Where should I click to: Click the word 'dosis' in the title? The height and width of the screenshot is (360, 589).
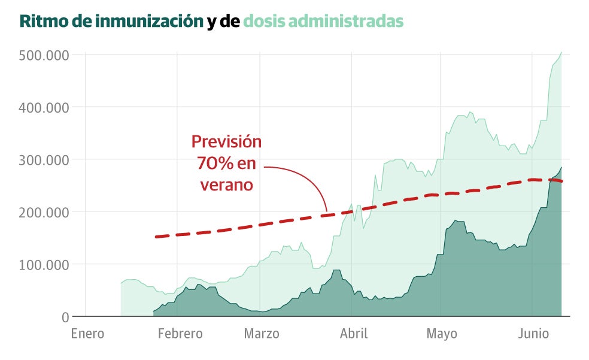[x=264, y=22]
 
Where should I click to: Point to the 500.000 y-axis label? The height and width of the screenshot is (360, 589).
[x=44, y=55]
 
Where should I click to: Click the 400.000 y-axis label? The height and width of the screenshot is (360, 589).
[x=44, y=107]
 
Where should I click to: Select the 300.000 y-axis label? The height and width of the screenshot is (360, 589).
[x=44, y=160]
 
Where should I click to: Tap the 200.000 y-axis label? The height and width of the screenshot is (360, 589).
[x=44, y=212]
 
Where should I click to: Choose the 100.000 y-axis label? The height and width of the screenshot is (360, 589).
[x=44, y=264]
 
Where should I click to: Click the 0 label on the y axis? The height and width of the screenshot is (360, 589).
[x=66, y=317]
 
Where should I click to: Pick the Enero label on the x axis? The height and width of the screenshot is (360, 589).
[x=87, y=334]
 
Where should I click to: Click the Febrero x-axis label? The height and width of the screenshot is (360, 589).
[x=180, y=334]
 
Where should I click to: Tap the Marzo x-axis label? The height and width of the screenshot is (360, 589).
[x=262, y=334]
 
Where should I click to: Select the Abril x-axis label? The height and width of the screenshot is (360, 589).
[x=354, y=334]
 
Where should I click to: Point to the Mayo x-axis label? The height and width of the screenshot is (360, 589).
[x=442, y=334]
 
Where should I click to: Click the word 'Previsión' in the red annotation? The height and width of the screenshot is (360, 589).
[x=226, y=142]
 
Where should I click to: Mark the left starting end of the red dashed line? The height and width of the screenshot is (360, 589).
[x=156, y=237]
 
